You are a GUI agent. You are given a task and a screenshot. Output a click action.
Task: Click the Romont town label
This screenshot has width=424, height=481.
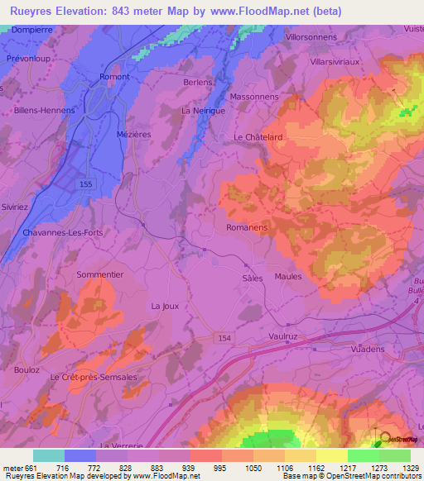(115, 76)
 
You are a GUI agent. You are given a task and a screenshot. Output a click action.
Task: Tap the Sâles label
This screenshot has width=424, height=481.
(252, 279)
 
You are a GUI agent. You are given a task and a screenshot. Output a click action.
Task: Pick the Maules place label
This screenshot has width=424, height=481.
(288, 277)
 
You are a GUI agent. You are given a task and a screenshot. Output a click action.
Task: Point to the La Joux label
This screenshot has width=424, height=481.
(165, 306)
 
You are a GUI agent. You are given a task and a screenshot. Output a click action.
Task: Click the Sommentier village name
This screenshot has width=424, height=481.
(99, 274)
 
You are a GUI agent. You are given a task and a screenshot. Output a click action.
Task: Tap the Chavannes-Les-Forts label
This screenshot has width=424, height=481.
(63, 232)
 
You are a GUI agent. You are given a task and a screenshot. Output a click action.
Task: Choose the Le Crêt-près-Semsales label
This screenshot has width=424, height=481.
(93, 377)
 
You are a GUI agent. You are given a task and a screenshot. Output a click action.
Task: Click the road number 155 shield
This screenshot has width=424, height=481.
(86, 183)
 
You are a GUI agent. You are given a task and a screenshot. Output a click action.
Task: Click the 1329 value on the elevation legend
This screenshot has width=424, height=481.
(411, 468)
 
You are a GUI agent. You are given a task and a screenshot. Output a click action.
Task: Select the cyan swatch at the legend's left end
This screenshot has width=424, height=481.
(49, 455)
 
